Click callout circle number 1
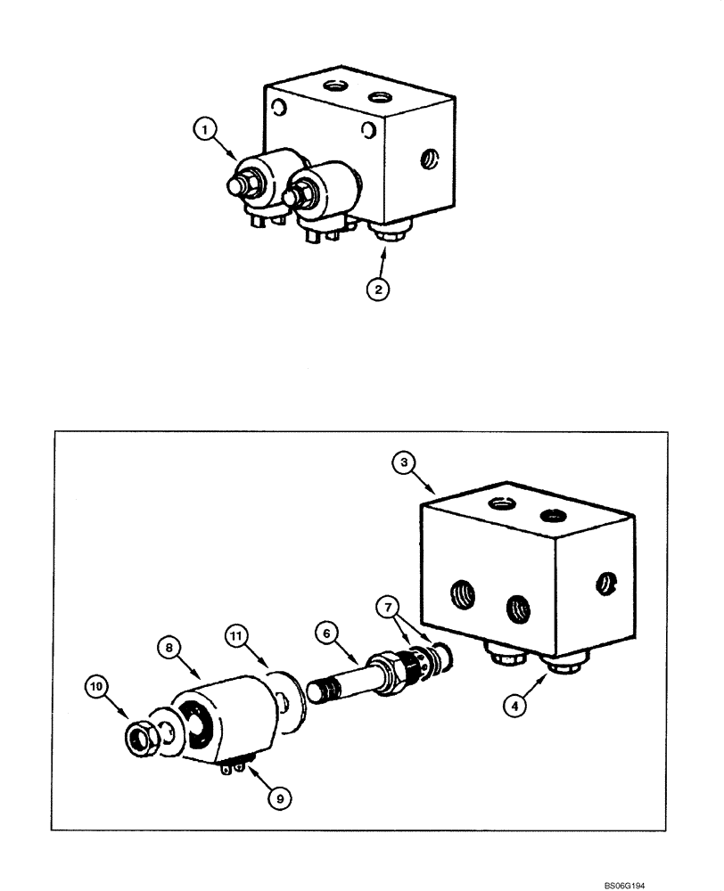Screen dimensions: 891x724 pyautogui.click(x=206, y=131)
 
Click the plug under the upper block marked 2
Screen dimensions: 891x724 pyautogui.click(x=387, y=235)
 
